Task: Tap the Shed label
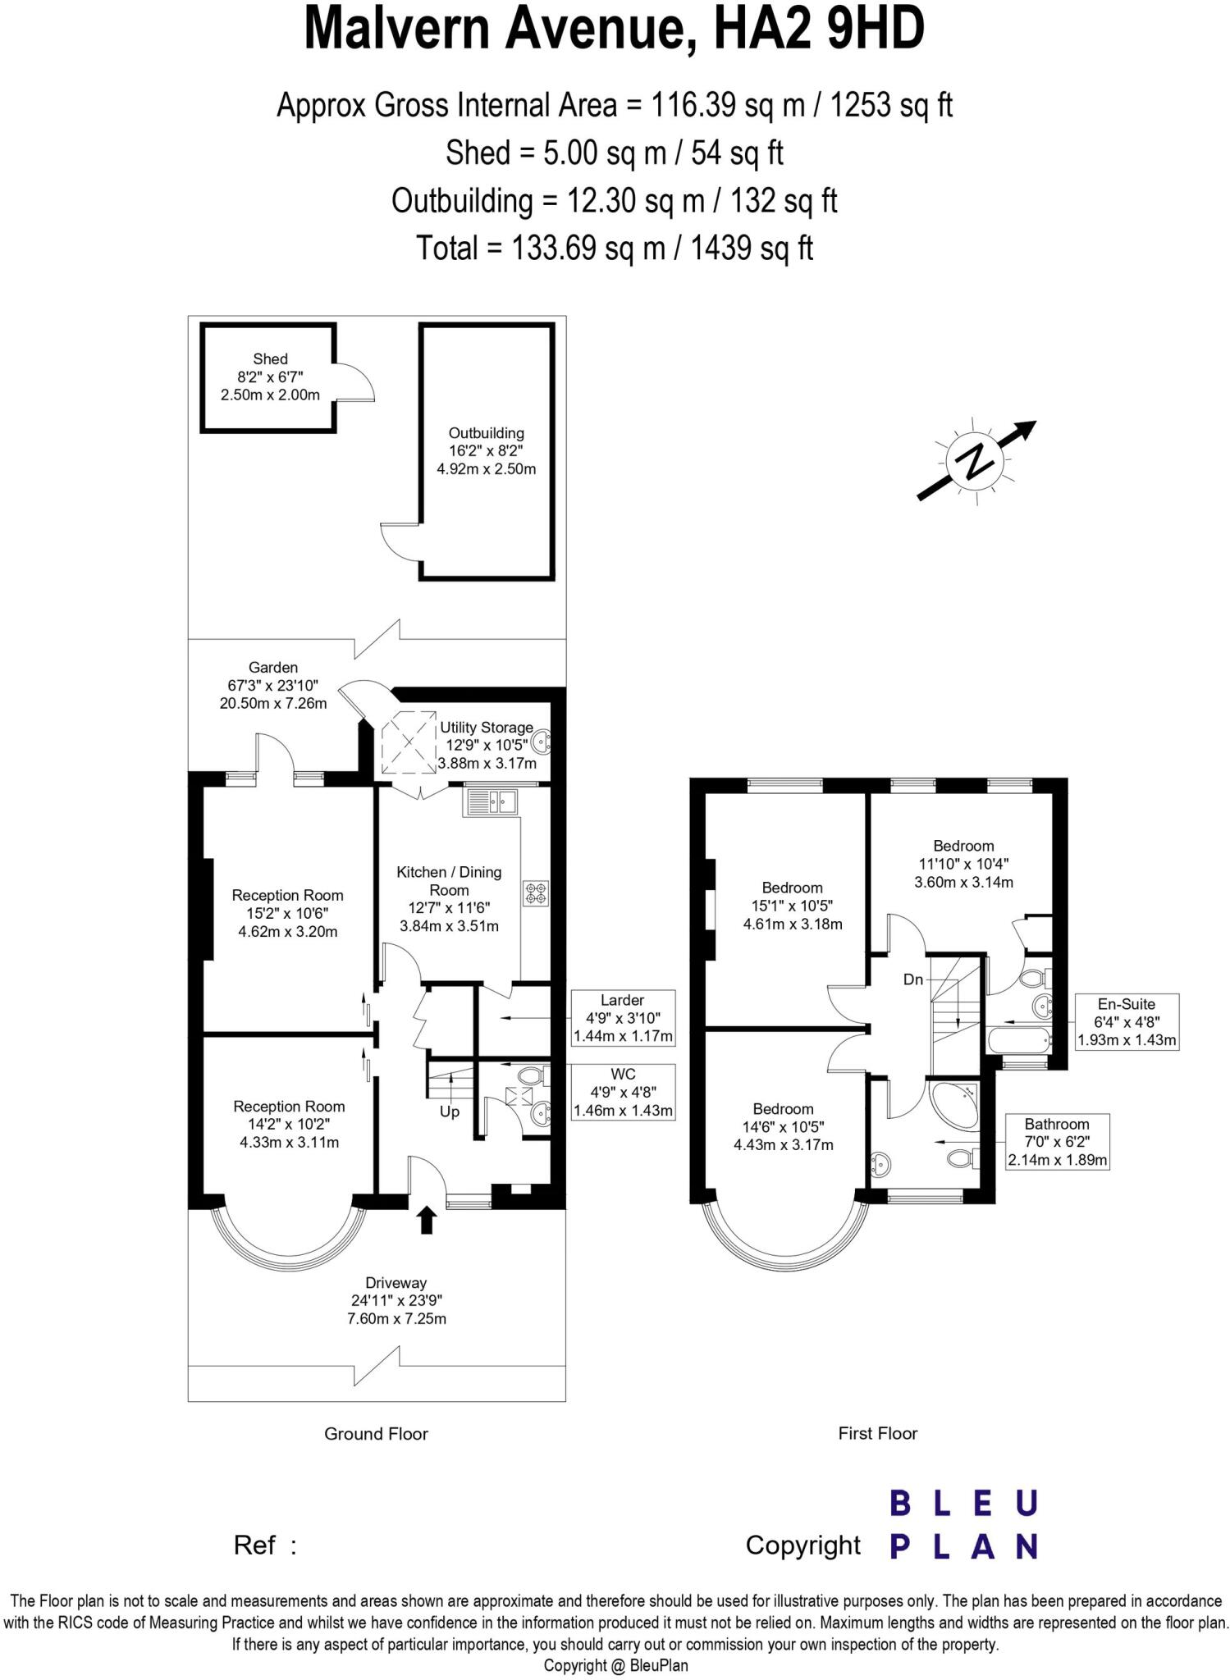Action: click(x=270, y=358)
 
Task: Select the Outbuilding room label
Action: click(x=486, y=433)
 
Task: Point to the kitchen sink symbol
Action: click(x=491, y=802)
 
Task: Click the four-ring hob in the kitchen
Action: click(x=536, y=893)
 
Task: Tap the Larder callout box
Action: click(x=623, y=1017)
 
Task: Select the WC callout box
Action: click(x=623, y=1092)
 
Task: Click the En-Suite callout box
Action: click(x=1127, y=1022)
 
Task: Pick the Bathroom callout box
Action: click(x=1057, y=1142)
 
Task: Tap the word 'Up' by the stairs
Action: click(x=450, y=1112)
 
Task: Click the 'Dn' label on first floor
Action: click(x=913, y=979)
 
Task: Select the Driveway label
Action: click(x=396, y=1283)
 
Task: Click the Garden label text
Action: click(x=273, y=668)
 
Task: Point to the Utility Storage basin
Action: click(x=541, y=743)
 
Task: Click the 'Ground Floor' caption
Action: click(x=376, y=1434)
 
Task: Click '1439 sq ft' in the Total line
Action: click(x=752, y=248)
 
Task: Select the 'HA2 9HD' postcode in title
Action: click(x=819, y=30)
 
